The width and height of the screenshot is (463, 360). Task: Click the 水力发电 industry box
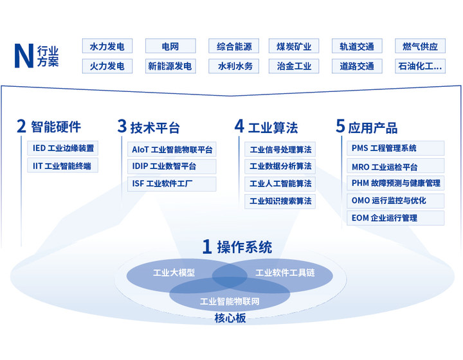[x=107, y=46]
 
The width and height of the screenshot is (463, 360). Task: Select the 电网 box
[x=170, y=46]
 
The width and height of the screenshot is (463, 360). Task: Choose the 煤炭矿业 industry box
[x=294, y=46]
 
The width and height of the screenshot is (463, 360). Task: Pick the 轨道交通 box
[x=357, y=46]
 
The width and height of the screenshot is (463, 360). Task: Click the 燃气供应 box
[x=420, y=46]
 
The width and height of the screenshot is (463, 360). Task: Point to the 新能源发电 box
[x=170, y=66]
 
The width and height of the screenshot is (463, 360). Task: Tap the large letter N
[x=24, y=57]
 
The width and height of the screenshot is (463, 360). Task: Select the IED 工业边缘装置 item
[x=64, y=148]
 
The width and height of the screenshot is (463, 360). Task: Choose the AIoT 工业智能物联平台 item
[x=172, y=150]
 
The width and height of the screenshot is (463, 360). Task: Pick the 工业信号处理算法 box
[x=280, y=150]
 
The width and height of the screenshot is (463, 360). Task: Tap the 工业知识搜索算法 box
[x=280, y=201]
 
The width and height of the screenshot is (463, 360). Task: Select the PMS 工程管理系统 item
[x=395, y=148]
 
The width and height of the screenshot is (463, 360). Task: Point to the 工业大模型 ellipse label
[x=174, y=273]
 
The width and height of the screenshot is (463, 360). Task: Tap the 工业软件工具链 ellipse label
[x=285, y=273]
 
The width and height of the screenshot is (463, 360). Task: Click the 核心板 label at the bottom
[x=230, y=318]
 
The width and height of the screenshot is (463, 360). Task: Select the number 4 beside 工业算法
[x=239, y=126]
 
